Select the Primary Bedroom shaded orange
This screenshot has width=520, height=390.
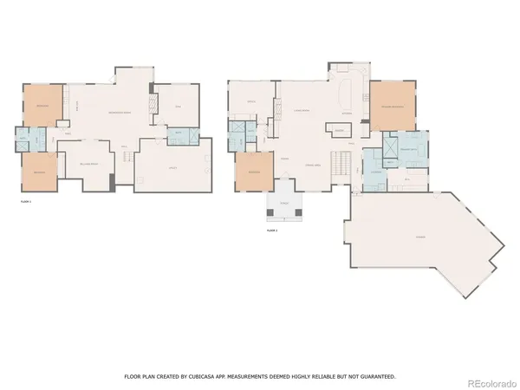click(x=393, y=107)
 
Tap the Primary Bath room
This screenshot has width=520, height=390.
click(x=407, y=151)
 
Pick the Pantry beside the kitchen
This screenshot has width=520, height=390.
click(x=340, y=131)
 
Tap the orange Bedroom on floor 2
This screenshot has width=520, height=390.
click(x=254, y=172)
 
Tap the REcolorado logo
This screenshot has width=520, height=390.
click(x=489, y=378)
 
